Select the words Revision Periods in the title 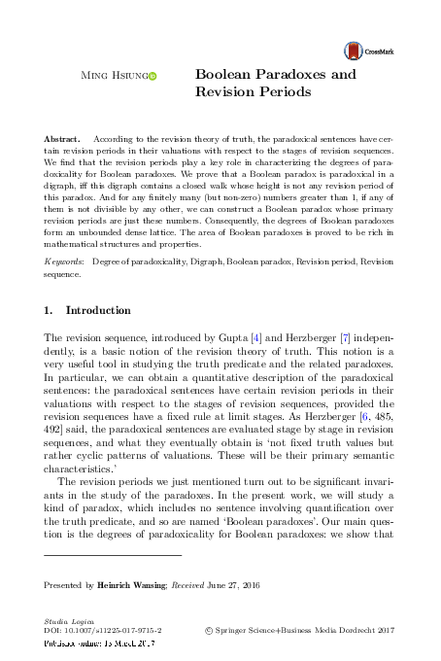coord(252,92)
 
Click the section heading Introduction coord(97,310)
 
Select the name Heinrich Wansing coord(132,586)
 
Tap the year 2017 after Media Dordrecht coord(386,630)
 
